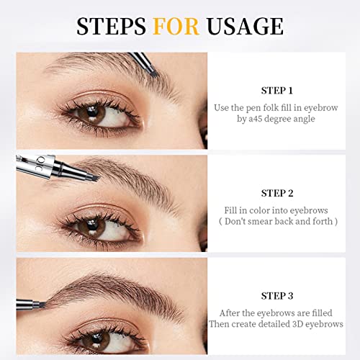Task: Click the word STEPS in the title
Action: [x=111, y=26]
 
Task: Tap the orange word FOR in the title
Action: [x=176, y=26]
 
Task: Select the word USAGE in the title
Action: [x=245, y=26]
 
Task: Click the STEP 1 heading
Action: [x=277, y=91]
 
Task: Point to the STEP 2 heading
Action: [x=277, y=193]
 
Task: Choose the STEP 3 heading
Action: [x=277, y=296]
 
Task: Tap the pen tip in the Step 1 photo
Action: [x=153, y=73]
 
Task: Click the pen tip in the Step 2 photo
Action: [x=95, y=178]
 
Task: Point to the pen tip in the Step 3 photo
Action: [x=42, y=305]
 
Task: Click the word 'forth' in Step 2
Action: [x=323, y=221]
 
